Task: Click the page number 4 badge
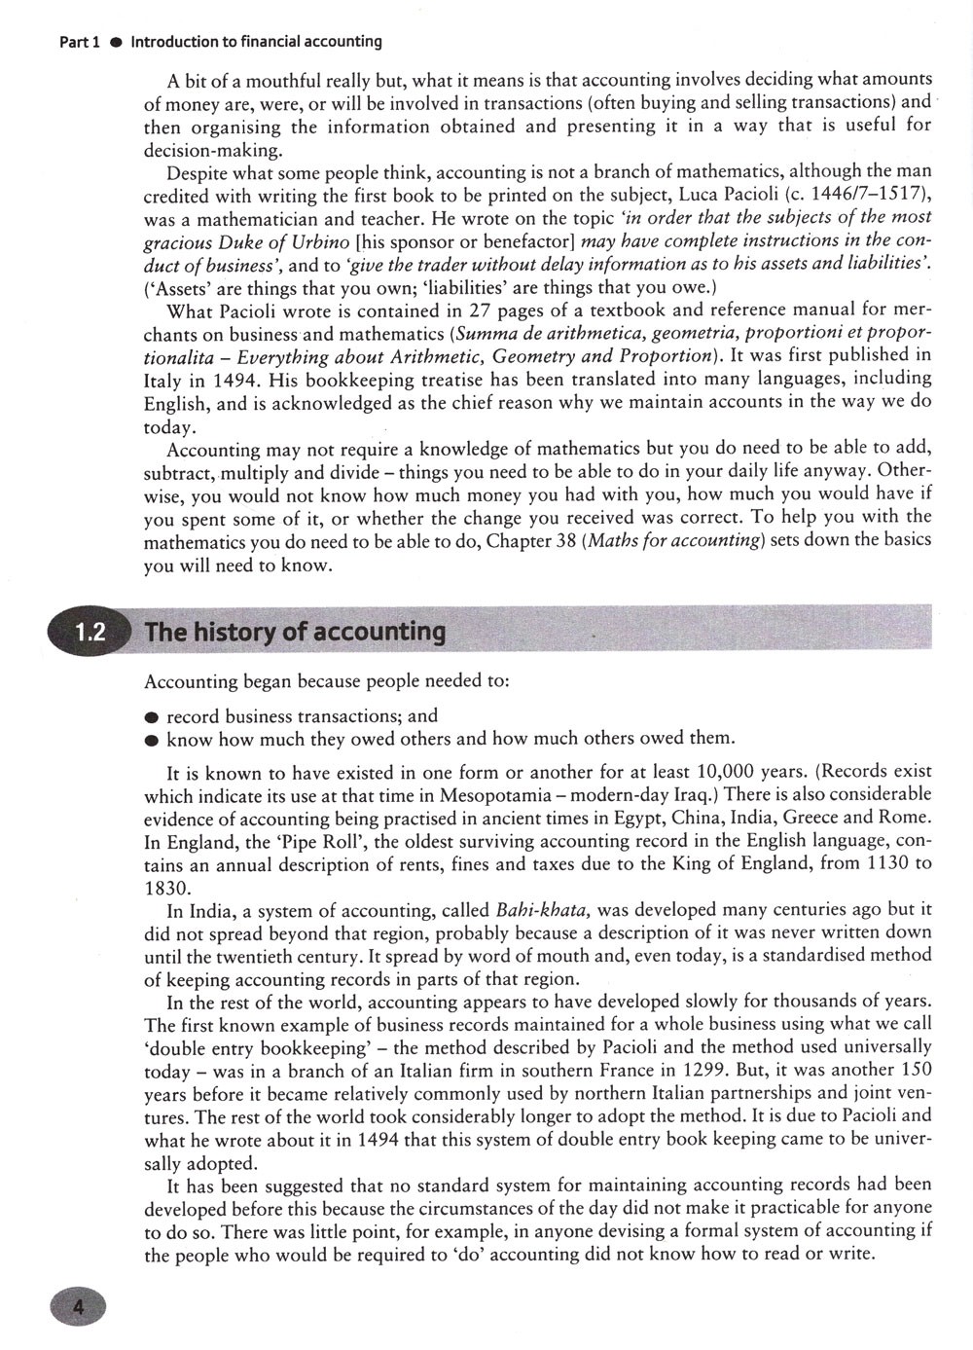click(76, 1307)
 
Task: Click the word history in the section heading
click(233, 632)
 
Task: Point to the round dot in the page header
click(114, 43)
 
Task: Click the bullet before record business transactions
click(151, 717)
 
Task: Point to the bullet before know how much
click(151, 740)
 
